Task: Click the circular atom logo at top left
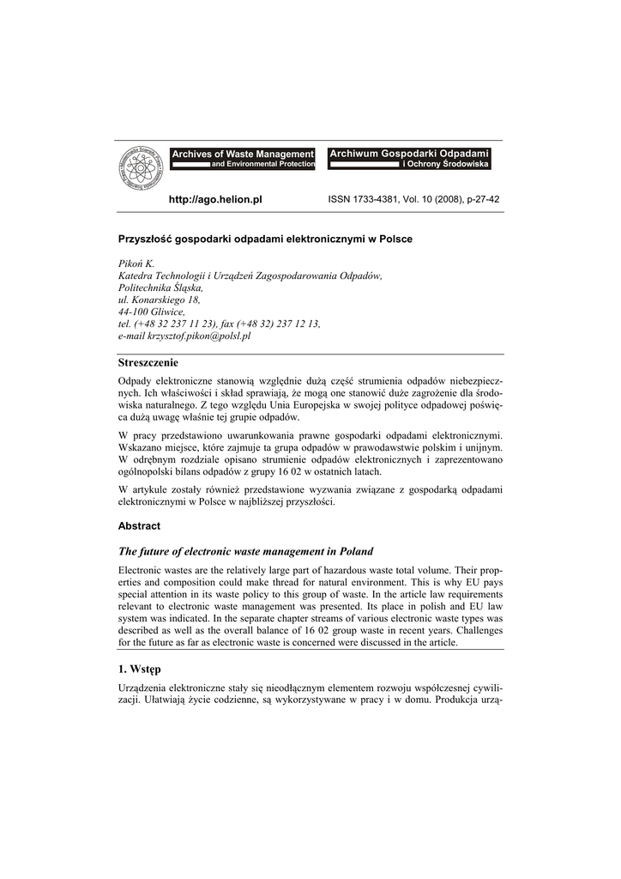(x=141, y=169)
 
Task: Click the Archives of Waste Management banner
(x=243, y=158)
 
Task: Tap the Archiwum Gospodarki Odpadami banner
(x=409, y=158)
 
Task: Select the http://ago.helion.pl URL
(x=215, y=199)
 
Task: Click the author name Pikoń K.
(x=136, y=263)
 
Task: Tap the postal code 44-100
(x=136, y=312)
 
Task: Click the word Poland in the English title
(x=354, y=551)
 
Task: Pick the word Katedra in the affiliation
(x=135, y=276)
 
